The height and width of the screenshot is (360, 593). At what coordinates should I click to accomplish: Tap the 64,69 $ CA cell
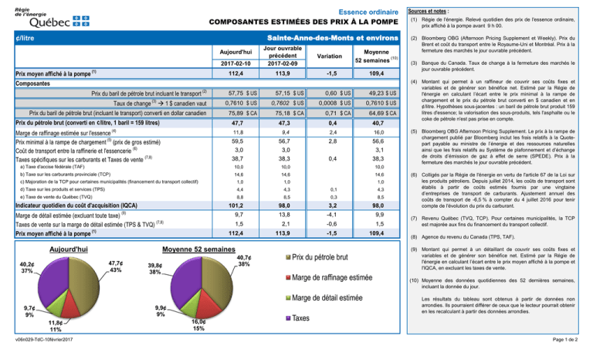(373, 114)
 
